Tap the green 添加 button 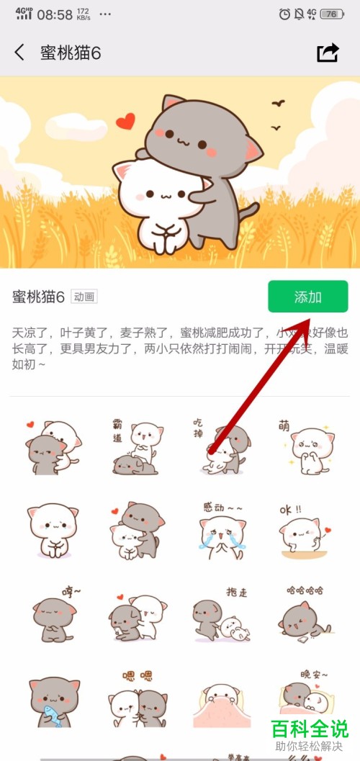[x=307, y=297]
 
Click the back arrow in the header [x=19, y=53]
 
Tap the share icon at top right [x=328, y=53]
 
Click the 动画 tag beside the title [x=84, y=297]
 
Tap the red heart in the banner [x=126, y=121]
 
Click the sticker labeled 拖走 [x=220, y=617]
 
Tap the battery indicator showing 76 [x=333, y=14]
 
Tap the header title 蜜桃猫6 [x=70, y=53]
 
